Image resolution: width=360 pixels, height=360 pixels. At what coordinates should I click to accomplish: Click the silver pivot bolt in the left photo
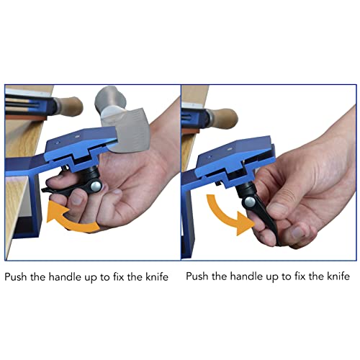pyautogui.click(x=96, y=186)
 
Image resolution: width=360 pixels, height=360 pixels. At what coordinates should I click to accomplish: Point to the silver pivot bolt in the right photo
pyautogui.click(x=250, y=202)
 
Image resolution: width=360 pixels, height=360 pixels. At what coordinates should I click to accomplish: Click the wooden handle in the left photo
pyautogui.click(x=70, y=107)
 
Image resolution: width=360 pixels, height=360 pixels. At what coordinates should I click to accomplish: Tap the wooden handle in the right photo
pyautogui.click(x=225, y=117)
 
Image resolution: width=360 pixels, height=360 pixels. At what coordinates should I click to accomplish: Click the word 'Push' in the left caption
pyautogui.click(x=16, y=277)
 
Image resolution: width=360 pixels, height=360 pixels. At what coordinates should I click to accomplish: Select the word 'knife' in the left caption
pyautogui.click(x=157, y=276)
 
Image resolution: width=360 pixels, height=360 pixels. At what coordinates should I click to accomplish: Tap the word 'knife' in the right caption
pyautogui.click(x=338, y=276)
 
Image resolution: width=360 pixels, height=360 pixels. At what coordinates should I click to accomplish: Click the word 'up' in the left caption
pyautogui.click(x=90, y=278)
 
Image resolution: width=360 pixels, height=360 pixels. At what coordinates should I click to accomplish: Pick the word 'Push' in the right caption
pyautogui.click(x=197, y=276)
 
